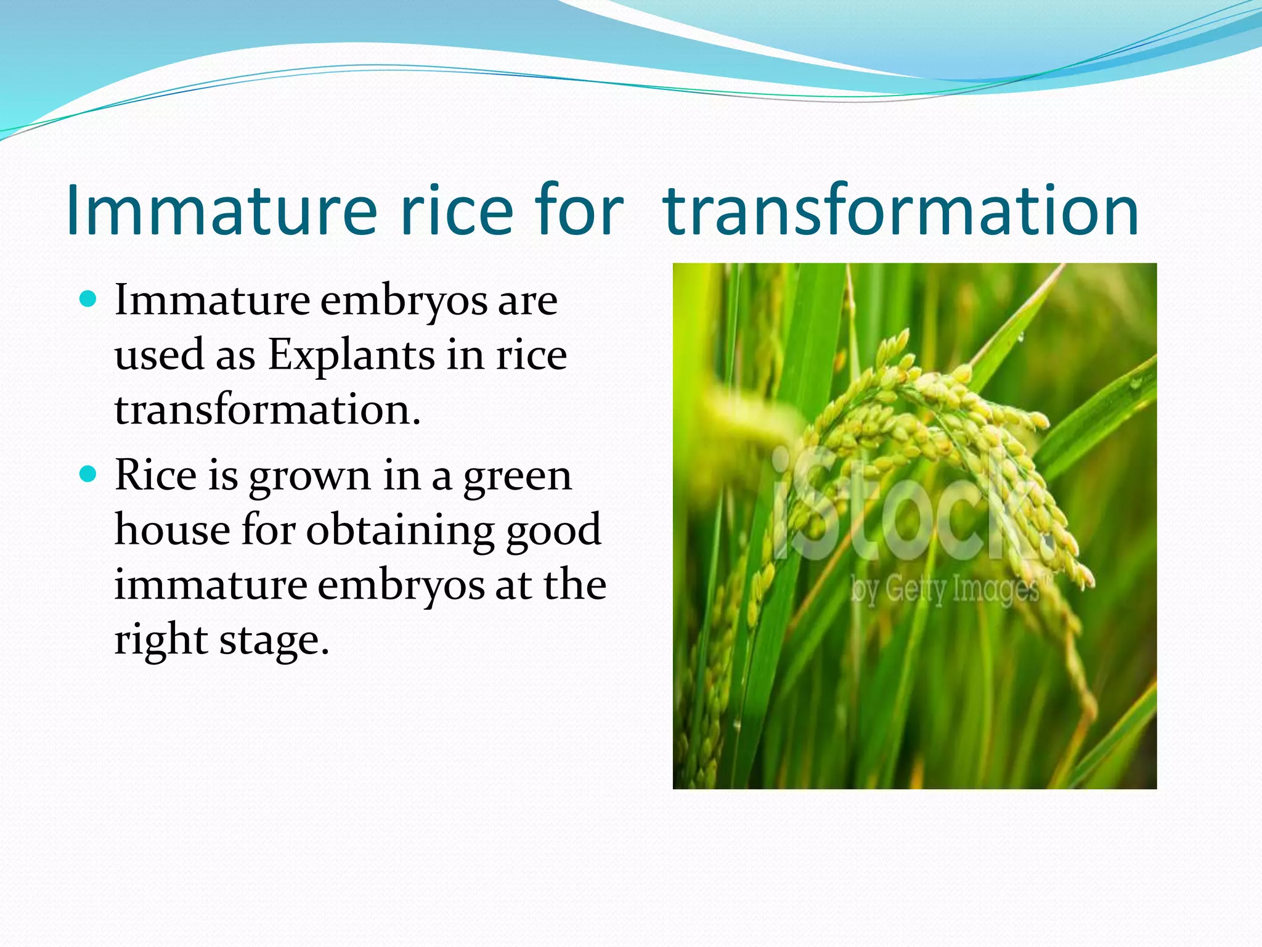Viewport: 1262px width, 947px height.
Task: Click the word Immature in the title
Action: pos(221,211)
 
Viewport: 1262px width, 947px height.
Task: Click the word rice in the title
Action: pos(456,211)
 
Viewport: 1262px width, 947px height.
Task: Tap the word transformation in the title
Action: pos(900,211)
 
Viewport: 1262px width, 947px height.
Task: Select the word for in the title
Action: pos(580,211)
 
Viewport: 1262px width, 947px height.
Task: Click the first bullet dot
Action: pos(89,300)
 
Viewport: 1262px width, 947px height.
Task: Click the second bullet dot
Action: pos(89,475)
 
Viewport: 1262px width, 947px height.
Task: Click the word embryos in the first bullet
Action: pos(404,301)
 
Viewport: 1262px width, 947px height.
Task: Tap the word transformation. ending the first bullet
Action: pos(267,410)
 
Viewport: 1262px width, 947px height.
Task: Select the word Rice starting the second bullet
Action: pos(155,476)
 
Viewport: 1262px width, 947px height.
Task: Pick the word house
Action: pos(172,530)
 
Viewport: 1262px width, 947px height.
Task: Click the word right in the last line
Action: pos(160,641)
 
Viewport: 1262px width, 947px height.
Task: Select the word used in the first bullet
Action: pos(157,356)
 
